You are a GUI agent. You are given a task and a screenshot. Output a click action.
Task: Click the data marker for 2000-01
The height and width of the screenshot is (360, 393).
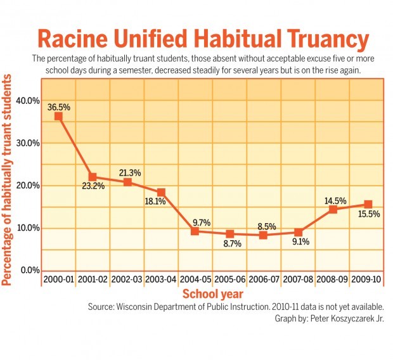point(58,116)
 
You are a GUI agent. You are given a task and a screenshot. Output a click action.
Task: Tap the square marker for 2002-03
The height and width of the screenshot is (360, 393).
point(127,182)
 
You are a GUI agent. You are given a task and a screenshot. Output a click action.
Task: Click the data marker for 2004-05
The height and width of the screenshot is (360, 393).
point(196,231)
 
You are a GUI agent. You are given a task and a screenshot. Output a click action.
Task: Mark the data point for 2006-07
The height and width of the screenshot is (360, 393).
point(264,235)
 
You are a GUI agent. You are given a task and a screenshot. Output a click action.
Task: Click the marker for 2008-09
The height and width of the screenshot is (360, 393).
point(333,209)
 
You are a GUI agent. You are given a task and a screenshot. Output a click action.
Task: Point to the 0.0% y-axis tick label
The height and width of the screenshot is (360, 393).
point(29,270)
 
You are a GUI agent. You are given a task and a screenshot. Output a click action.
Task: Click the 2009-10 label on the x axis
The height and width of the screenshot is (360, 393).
point(367,279)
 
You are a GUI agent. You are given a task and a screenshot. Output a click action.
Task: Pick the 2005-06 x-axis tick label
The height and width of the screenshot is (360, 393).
point(229,279)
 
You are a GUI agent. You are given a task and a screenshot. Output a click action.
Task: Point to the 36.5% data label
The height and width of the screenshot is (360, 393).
point(58,107)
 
